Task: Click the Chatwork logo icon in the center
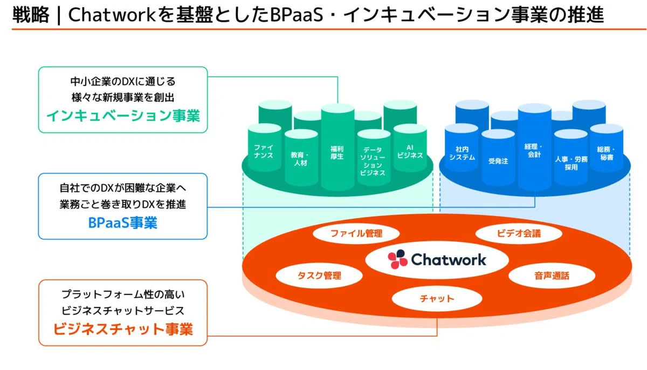[397, 259]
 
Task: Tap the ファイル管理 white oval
[356, 233]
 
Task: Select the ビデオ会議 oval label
[519, 233]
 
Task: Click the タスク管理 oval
[319, 275]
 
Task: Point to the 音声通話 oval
[552, 275]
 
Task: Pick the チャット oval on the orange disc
[437, 299]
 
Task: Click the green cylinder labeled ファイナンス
[264, 147]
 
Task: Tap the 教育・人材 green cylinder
[301, 158]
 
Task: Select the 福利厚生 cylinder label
[337, 152]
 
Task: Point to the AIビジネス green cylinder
[410, 147]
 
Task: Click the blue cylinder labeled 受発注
[498, 158]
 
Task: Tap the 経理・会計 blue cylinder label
[534, 150]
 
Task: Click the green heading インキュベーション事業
[123, 116]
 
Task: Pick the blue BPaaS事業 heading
[123, 223]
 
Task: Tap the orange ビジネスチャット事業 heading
[123, 329]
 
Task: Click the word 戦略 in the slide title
[31, 15]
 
